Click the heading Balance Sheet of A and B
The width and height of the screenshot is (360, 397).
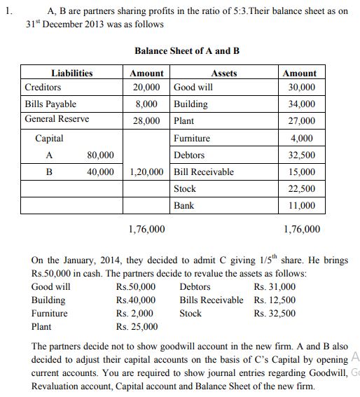point(187,51)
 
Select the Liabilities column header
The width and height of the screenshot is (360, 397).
point(71,73)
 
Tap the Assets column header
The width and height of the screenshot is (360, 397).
point(223,73)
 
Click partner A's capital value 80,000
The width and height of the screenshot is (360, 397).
point(101,155)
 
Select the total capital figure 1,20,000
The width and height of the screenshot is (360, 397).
point(148,172)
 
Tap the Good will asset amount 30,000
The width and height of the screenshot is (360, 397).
point(303,88)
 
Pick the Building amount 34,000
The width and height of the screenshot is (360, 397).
point(303,104)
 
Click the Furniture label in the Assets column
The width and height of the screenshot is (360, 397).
point(192,138)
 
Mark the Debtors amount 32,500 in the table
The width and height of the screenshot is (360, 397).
point(303,155)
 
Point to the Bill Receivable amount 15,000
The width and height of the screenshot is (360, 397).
point(303,172)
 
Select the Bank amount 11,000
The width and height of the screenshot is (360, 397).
point(303,206)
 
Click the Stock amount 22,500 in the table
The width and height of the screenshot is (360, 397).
point(303,189)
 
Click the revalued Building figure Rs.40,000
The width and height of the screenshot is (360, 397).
point(136,300)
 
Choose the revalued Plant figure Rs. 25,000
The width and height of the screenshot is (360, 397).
point(137,326)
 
